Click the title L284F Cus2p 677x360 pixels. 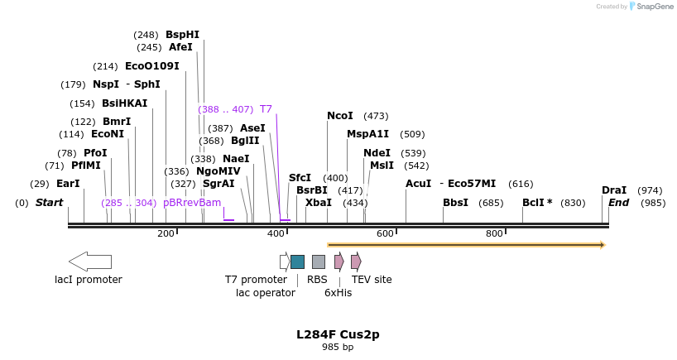pyautogui.click(x=338, y=334)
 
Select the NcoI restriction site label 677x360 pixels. pyautogui.click(x=339, y=116)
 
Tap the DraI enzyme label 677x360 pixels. pyautogui.click(x=613, y=190)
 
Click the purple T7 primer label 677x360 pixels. pyautogui.click(x=266, y=109)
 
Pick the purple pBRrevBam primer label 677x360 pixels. pyautogui.click(x=192, y=203)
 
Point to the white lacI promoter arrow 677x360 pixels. pyautogui.click(x=89, y=262)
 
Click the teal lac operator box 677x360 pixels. pyautogui.click(x=297, y=262)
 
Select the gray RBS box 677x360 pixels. pyautogui.click(x=319, y=262)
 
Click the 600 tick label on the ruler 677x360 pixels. pyautogui.click(x=385, y=233)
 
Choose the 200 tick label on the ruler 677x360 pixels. pyautogui.click(x=166, y=233)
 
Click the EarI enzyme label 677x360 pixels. pyautogui.click(x=68, y=184)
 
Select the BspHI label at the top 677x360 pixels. pyautogui.click(x=182, y=35)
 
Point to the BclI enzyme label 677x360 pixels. pyautogui.click(x=537, y=203)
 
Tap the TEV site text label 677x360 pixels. pyautogui.click(x=372, y=280)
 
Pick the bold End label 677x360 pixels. pyautogui.click(x=619, y=203)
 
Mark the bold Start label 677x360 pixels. pyautogui.click(x=49, y=203)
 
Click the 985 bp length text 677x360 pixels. pyautogui.click(x=338, y=347)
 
